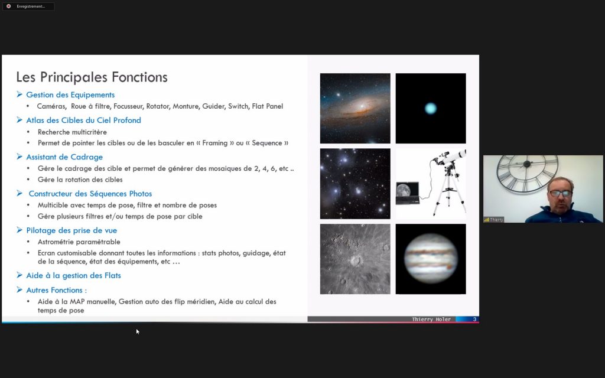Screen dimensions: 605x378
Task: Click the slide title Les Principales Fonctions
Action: click(92, 77)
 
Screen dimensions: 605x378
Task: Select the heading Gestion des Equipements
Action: click(70, 95)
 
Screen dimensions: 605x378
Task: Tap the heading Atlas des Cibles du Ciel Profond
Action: click(83, 120)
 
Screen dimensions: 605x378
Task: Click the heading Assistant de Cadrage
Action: click(64, 157)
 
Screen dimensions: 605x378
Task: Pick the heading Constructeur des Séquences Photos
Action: click(90, 194)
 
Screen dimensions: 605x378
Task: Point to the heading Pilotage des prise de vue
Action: click(71, 230)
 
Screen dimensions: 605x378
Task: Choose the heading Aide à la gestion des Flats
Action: click(73, 275)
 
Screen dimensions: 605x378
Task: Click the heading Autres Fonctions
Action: click(56, 290)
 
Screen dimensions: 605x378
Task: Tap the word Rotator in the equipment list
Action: click(157, 106)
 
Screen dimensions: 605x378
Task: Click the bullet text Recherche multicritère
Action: click(72, 132)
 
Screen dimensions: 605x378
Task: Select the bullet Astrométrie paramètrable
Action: click(79, 242)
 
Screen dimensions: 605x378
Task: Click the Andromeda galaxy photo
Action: click(355, 109)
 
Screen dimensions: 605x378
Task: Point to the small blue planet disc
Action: click(431, 109)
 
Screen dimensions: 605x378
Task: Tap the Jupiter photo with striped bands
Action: click(431, 259)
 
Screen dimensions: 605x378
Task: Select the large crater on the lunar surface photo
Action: click(356, 260)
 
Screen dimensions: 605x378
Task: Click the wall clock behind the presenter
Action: click(527, 174)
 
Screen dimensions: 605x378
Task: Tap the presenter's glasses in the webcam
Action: click(560, 193)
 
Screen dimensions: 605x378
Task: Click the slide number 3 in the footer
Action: click(474, 320)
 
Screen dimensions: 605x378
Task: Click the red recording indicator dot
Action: click(8, 6)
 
